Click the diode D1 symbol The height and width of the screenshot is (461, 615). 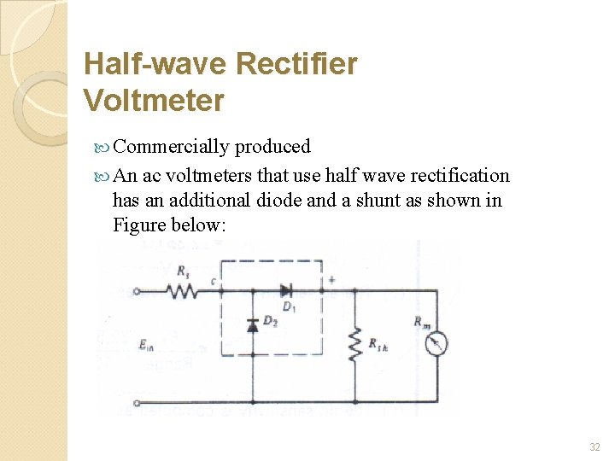(288, 291)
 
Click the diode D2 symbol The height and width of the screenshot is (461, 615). (253, 325)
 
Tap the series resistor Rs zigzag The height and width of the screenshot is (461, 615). (182, 291)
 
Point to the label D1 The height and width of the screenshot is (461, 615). (289, 306)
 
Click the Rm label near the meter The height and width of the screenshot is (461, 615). (422, 322)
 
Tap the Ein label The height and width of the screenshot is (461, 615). (146, 345)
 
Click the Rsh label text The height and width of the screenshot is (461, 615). (378, 344)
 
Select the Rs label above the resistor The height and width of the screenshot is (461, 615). (183, 272)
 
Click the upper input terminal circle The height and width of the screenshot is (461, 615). (137, 291)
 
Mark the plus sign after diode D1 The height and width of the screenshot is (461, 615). (331, 279)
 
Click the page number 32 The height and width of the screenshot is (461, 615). (594, 446)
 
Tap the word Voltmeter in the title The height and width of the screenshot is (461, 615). (154, 101)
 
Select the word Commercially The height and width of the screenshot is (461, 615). (171, 147)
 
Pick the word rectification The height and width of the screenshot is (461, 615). (460, 176)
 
